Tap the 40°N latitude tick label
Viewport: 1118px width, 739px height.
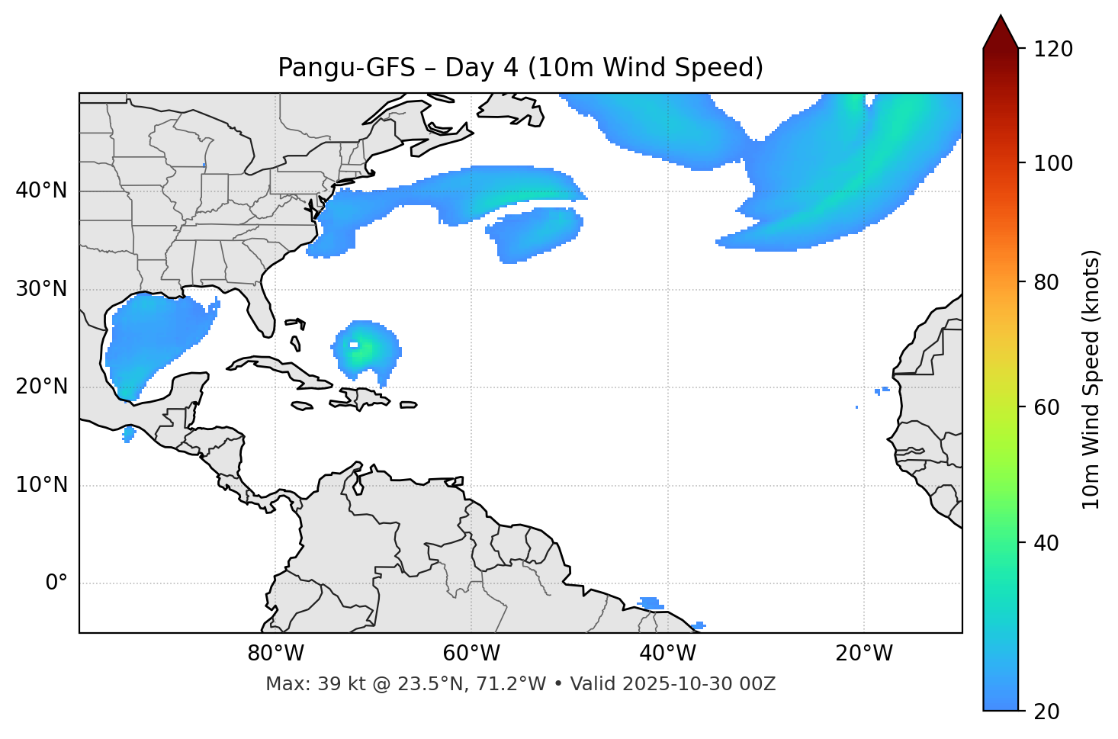[x=41, y=191]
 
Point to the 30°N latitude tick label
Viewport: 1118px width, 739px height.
[x=41, y=289]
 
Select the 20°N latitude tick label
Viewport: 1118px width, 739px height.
[x=41, y=387]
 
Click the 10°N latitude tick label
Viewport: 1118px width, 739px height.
[x=41, y=485]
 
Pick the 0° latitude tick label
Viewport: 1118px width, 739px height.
[x=56, y=583]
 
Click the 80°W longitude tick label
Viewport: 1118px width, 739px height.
[x=275, y=654]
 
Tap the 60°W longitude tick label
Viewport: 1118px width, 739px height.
[x=471, y=654]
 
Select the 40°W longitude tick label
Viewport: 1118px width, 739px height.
[x=667, y=654]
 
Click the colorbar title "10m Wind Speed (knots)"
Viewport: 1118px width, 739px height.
[x=1091, y=379]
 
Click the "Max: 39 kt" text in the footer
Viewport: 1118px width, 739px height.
[x=303, y=684]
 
